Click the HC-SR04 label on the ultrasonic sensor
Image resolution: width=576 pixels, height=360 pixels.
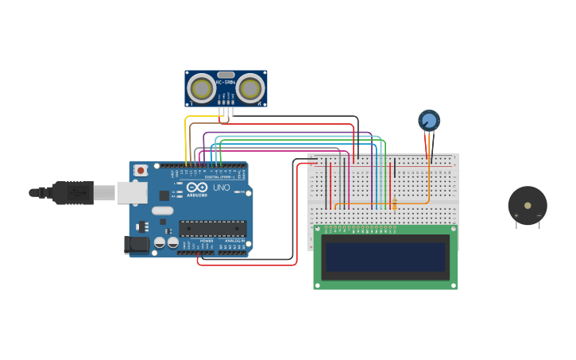point(226,82)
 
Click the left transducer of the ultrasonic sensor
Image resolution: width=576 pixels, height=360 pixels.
point(201,88)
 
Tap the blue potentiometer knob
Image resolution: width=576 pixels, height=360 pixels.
point(429,121)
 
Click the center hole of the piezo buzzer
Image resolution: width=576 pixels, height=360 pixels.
point(528,205)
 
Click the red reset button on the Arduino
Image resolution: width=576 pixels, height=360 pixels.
point(141,170)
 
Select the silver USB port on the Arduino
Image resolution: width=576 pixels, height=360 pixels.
point(131,192)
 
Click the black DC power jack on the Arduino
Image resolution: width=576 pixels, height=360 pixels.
point(137,245)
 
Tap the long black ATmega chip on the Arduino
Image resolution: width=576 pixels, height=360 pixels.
point(212,229)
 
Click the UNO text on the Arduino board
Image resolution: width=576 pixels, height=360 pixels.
point(221,188)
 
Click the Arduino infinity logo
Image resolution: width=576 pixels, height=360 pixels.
point(197,187)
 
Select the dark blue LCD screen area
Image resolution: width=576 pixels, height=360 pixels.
point(385,257)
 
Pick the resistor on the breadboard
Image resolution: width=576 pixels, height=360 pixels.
point(393,204)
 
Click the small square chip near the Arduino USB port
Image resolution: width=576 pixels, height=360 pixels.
point(164,195)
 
